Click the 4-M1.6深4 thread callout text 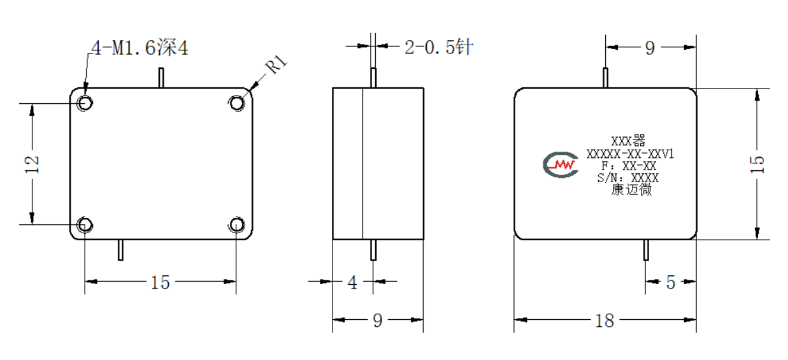pos(140,48)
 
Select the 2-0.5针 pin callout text pos(439,47)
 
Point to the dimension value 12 pos(32,164)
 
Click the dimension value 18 pos(605,321)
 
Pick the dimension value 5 pos(671,282)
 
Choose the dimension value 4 pos(352,282)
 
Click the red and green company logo pos(561,164)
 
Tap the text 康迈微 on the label pos(631,190)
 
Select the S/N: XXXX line pos(628,178)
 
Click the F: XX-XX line pos(629,166)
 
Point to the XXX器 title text pos(628,141)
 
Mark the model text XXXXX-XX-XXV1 pos(630,154)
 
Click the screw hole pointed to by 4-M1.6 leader pos(85,103)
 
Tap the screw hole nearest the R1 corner pos(237,103)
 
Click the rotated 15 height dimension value pos(757,164)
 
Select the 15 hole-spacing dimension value pos(161,282)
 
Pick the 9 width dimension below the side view pos(378,321)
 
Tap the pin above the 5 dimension pos(646,250)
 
